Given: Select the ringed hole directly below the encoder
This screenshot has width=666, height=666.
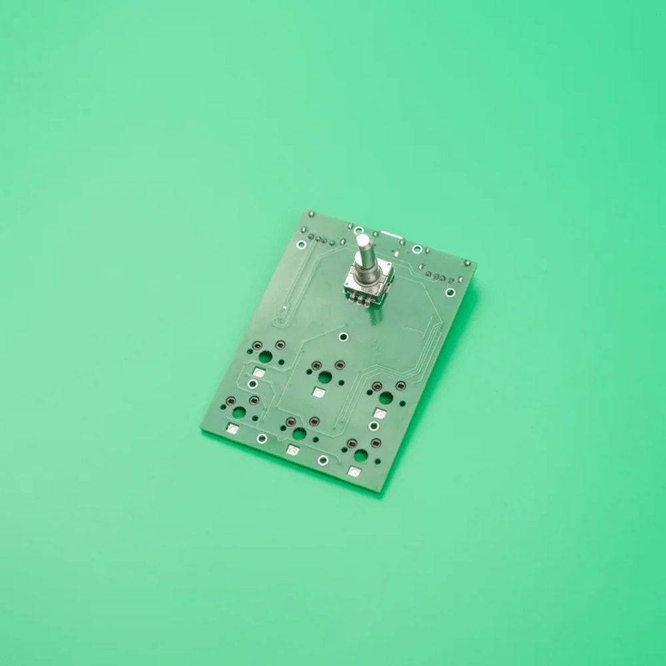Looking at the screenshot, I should pos(343,336).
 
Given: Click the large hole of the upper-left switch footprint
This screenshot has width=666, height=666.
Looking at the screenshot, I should pos(265,357).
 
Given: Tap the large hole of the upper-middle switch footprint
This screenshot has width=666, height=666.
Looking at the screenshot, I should pos(325,377).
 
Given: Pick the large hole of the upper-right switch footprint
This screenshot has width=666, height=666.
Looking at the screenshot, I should pos(386,398).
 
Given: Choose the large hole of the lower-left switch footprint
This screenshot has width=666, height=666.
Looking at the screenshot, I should pos(239,412).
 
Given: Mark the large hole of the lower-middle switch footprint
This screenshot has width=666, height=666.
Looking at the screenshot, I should pos(299,434).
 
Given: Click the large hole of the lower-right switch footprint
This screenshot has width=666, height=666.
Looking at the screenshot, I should pos(360,456).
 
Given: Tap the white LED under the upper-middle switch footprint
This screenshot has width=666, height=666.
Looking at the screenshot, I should pos(318,394).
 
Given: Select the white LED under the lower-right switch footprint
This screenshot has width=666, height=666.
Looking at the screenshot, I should pos(354,472).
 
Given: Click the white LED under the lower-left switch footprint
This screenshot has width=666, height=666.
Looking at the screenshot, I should pos(232,429).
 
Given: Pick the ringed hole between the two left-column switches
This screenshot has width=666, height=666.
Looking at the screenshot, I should pos(252,384).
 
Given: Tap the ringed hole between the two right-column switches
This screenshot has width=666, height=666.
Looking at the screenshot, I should pos(374,426).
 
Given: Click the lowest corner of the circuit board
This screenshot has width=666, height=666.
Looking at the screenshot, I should pos(380,492).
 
